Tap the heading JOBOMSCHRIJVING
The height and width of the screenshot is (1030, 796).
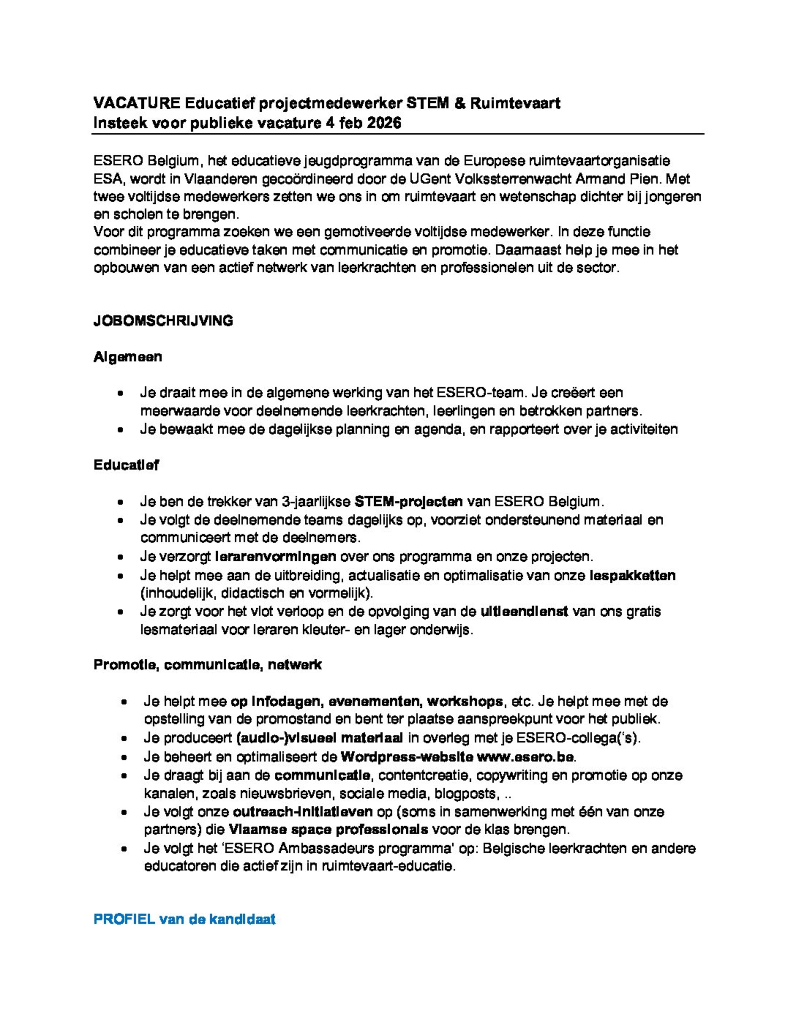pyautogui.click(x=163, y=321)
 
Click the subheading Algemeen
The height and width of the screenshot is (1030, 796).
pyautogui.click(x=128, y=357)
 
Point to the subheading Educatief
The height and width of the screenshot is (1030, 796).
pyautogui.click(x=126, y=465)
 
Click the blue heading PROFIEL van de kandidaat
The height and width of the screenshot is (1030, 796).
pyautogui.click(x=185, y=919)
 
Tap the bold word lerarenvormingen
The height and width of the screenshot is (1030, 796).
pyautogui.click(x=275, y=556)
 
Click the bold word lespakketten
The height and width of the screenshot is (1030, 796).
pyautogui.click(x=632, y=575)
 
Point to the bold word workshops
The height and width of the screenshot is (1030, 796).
pyautogui.click(x=465, y=701)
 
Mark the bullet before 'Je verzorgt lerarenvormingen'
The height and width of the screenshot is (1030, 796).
pyautogui.click(x=121, y=557)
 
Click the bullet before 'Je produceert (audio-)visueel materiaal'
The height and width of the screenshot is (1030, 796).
pyautogui.click(x=124, y=739)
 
